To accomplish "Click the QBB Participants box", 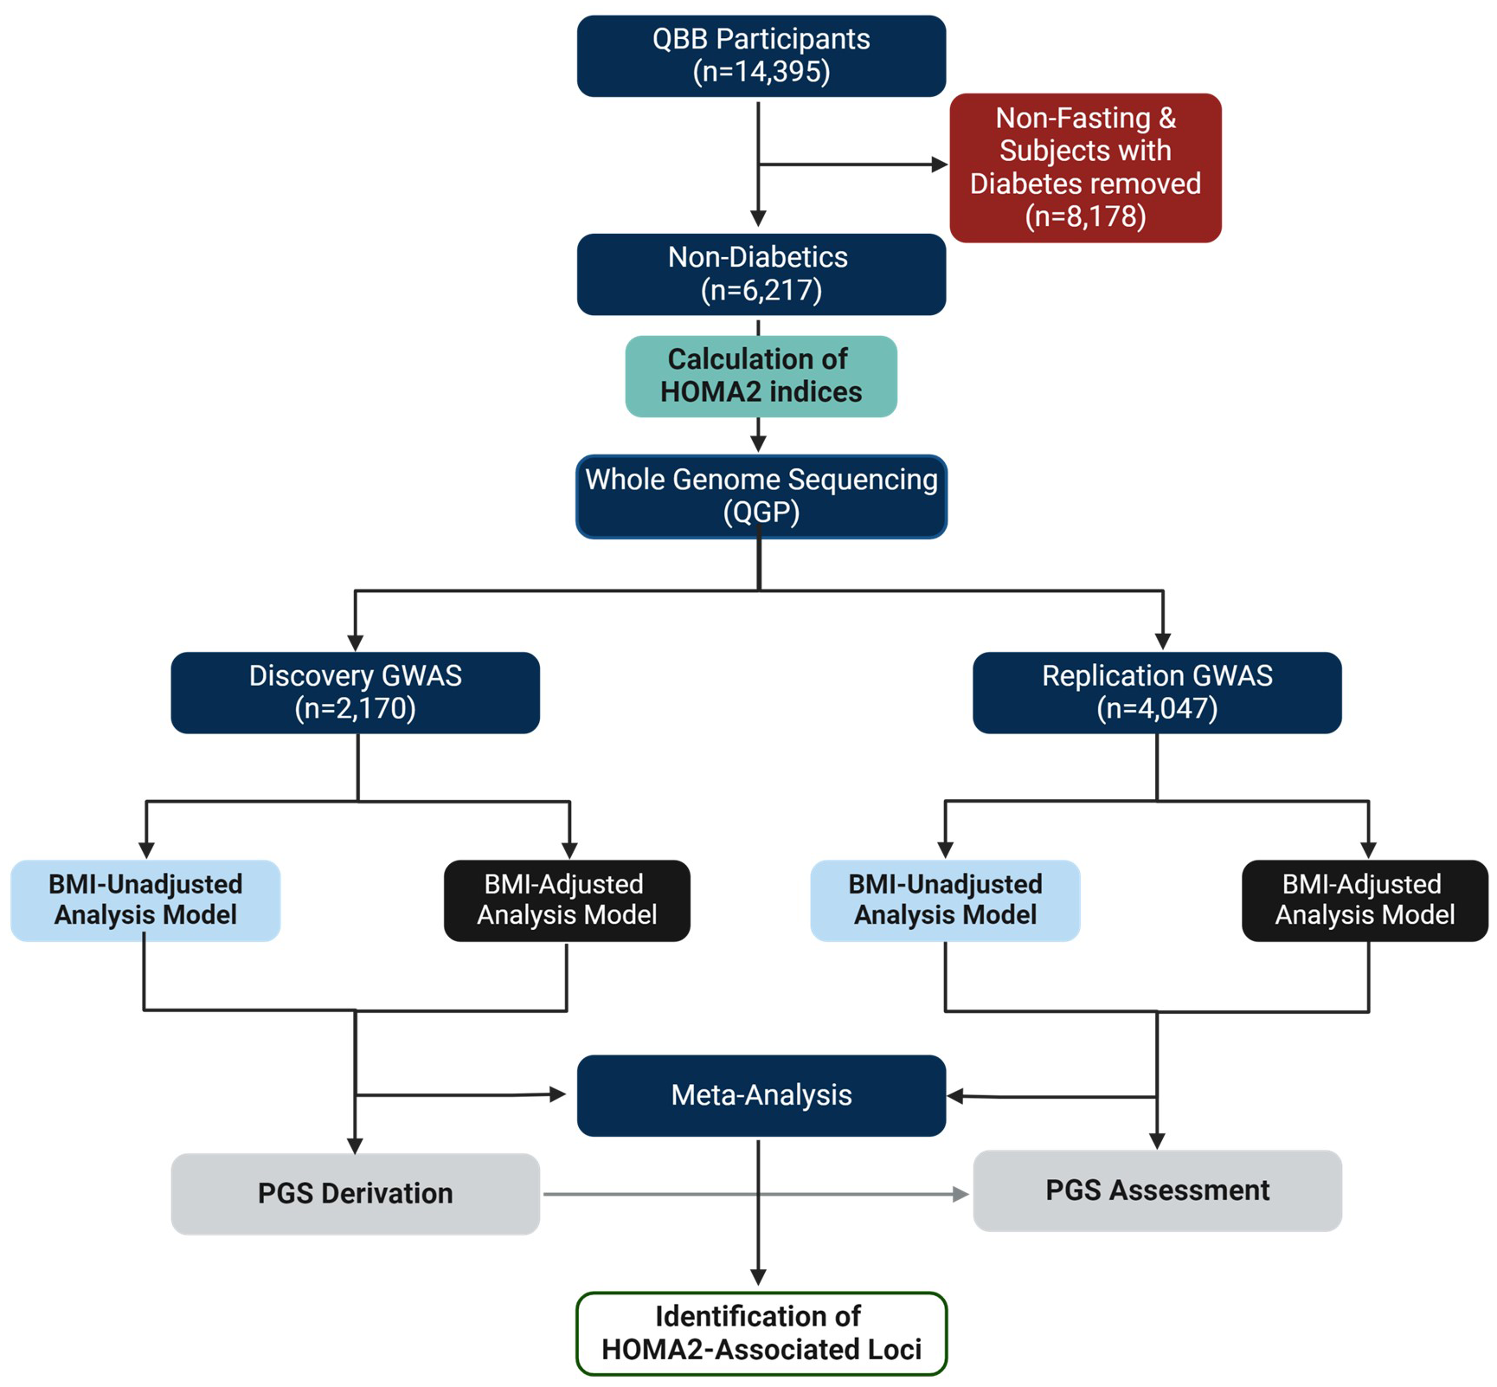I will tap(761, 55).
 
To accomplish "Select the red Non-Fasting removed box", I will tap(1085, 167).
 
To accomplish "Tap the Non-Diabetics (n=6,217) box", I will tap(761, 274).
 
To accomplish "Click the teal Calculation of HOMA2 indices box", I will tap(761, 376).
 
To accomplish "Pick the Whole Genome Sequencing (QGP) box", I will tap(761, 496).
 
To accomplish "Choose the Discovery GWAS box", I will tap(355, 692).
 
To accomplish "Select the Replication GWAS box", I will tap(1156, 692).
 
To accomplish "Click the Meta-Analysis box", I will tap(761, 1094).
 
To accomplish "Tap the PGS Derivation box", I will tap(355, 1192).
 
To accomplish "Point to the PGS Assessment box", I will tap(1156, 1190).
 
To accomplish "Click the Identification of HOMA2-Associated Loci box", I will tap(761, 1332).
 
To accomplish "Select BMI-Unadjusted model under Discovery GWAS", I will tap(145, 900).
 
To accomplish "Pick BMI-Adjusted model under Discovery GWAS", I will tap(567, 900).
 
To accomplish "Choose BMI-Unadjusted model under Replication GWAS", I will tap(945, 900).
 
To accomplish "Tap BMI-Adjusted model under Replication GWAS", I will tap(1365, 900).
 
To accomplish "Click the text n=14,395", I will tap(761, 72).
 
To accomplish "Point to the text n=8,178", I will tap(1085, 216).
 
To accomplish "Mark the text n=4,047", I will tap(1157, 708).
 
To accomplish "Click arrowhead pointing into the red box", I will tap(940, 165).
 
